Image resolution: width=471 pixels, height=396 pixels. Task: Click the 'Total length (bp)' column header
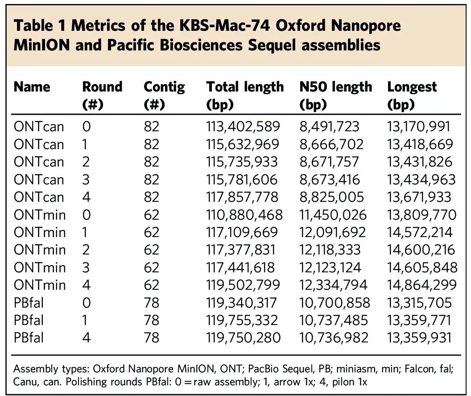(x=244, y=95)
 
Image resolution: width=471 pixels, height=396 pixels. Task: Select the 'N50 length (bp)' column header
(x=335, y=95)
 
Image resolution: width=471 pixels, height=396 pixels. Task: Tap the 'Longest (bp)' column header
(x=412, y=95)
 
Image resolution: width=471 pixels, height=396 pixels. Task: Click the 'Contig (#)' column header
(x=164, y=95)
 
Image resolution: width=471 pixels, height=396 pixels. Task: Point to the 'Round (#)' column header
(x=102, y=95)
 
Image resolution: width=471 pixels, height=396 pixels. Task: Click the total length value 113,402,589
(x=243, y=127)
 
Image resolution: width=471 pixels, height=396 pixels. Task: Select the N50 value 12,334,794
(x=333, y=285)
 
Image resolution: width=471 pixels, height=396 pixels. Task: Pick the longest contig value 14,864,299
(x=421, y=285)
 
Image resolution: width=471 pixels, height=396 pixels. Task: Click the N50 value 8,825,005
(x=331, y=197)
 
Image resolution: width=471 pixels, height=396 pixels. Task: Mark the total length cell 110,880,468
(x=244, y=215)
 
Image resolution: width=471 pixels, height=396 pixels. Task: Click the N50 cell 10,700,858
(x=334, y=303)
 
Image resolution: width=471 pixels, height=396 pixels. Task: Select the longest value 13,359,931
(x=419, y=338)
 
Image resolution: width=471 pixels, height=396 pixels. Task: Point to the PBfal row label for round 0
(x=29, y=303)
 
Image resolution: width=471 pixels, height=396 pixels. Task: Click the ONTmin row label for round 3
(x=39, y=267)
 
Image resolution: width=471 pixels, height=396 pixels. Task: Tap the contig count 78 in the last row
(x=151, y=338)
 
